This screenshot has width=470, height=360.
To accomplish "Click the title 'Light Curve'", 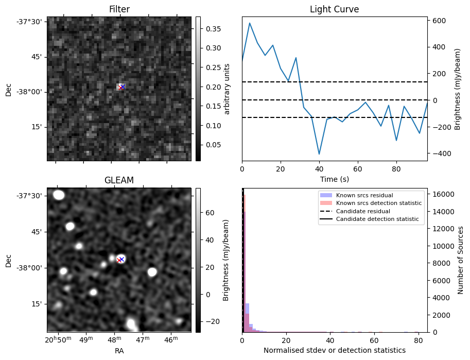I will (x=334, y=9).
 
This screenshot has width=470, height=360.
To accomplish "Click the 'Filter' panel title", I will (x=119, y=9).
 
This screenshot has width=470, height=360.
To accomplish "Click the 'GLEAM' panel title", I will (x=119, y=180).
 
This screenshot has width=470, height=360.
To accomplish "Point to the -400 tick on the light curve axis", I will (x=439, y=153).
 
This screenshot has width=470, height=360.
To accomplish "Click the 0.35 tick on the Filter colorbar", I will (x=210, y=29).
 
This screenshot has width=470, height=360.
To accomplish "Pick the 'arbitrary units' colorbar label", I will (x=227, y=89).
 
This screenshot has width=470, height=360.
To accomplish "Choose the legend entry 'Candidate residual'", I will (x=363, y=212).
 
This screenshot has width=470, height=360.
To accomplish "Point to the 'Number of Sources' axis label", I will (x=461, y=260).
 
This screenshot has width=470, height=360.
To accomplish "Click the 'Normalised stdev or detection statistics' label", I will (x=334, y=350).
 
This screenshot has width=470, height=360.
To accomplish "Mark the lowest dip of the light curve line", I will (x=319, y=154).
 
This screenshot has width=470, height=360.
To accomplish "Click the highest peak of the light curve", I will (x=250, y=23).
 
